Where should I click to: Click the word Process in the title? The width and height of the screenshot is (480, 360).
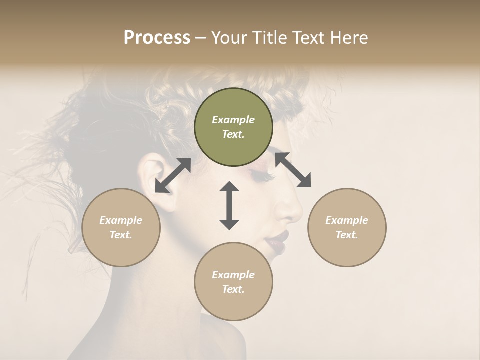[157, 38]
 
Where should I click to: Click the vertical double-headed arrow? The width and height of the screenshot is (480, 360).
[229, 205]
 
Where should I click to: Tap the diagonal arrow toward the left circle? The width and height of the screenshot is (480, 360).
[173, 175]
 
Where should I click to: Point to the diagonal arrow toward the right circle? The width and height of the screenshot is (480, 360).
[293, 170]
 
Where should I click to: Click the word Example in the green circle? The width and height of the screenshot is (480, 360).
[233, 120]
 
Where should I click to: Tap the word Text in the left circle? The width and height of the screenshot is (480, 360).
[121, 235]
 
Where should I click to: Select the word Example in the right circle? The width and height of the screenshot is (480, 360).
[347, 220]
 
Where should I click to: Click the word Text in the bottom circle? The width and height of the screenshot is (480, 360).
[233, 289]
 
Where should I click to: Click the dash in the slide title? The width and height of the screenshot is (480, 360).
[200, 38]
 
